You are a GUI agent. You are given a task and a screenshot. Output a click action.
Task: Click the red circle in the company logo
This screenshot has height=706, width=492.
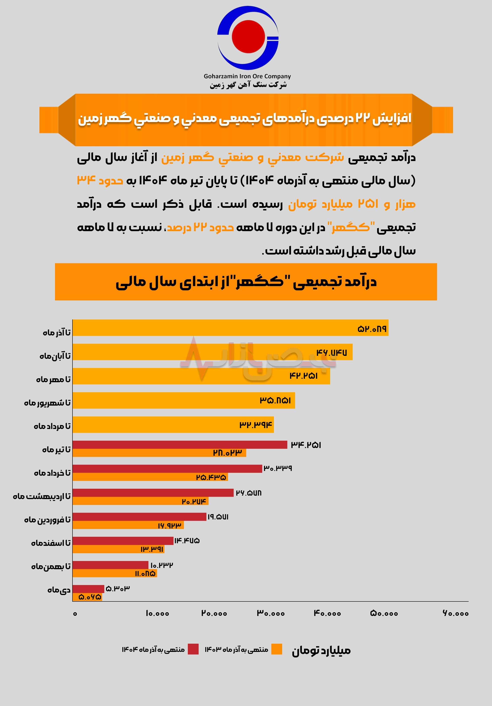[x=248, y=36]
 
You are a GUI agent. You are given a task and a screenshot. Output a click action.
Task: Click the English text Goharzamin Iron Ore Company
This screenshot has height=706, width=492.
[x=247, y=76]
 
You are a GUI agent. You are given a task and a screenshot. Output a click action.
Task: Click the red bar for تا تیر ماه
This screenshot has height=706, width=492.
[x=180, y=445]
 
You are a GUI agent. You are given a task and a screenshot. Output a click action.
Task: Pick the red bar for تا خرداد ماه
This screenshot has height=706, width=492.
[x=167, y=469]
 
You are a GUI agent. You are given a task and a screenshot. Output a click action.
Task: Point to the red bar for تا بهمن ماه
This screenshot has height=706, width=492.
[x=111, y=565]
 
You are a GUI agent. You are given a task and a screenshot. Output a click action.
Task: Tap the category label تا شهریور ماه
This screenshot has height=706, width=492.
[x=47, y=403]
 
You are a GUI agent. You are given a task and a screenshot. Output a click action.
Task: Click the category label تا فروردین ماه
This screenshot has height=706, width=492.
[x=47, y=520]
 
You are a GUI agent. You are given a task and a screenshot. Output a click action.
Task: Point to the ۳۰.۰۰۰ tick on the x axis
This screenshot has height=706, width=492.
[x=271, y=613]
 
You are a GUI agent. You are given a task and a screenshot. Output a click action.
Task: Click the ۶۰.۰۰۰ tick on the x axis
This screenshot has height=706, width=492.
[x=456, y=613]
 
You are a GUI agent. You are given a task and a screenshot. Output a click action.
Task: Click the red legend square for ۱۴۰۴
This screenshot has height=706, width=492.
[x=193, y=649]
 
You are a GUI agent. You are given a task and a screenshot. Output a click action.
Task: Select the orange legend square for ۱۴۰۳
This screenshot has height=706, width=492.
[x=277, y=649]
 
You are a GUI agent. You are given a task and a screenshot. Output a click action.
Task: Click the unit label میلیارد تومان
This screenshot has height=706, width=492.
[x=321, y=650]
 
